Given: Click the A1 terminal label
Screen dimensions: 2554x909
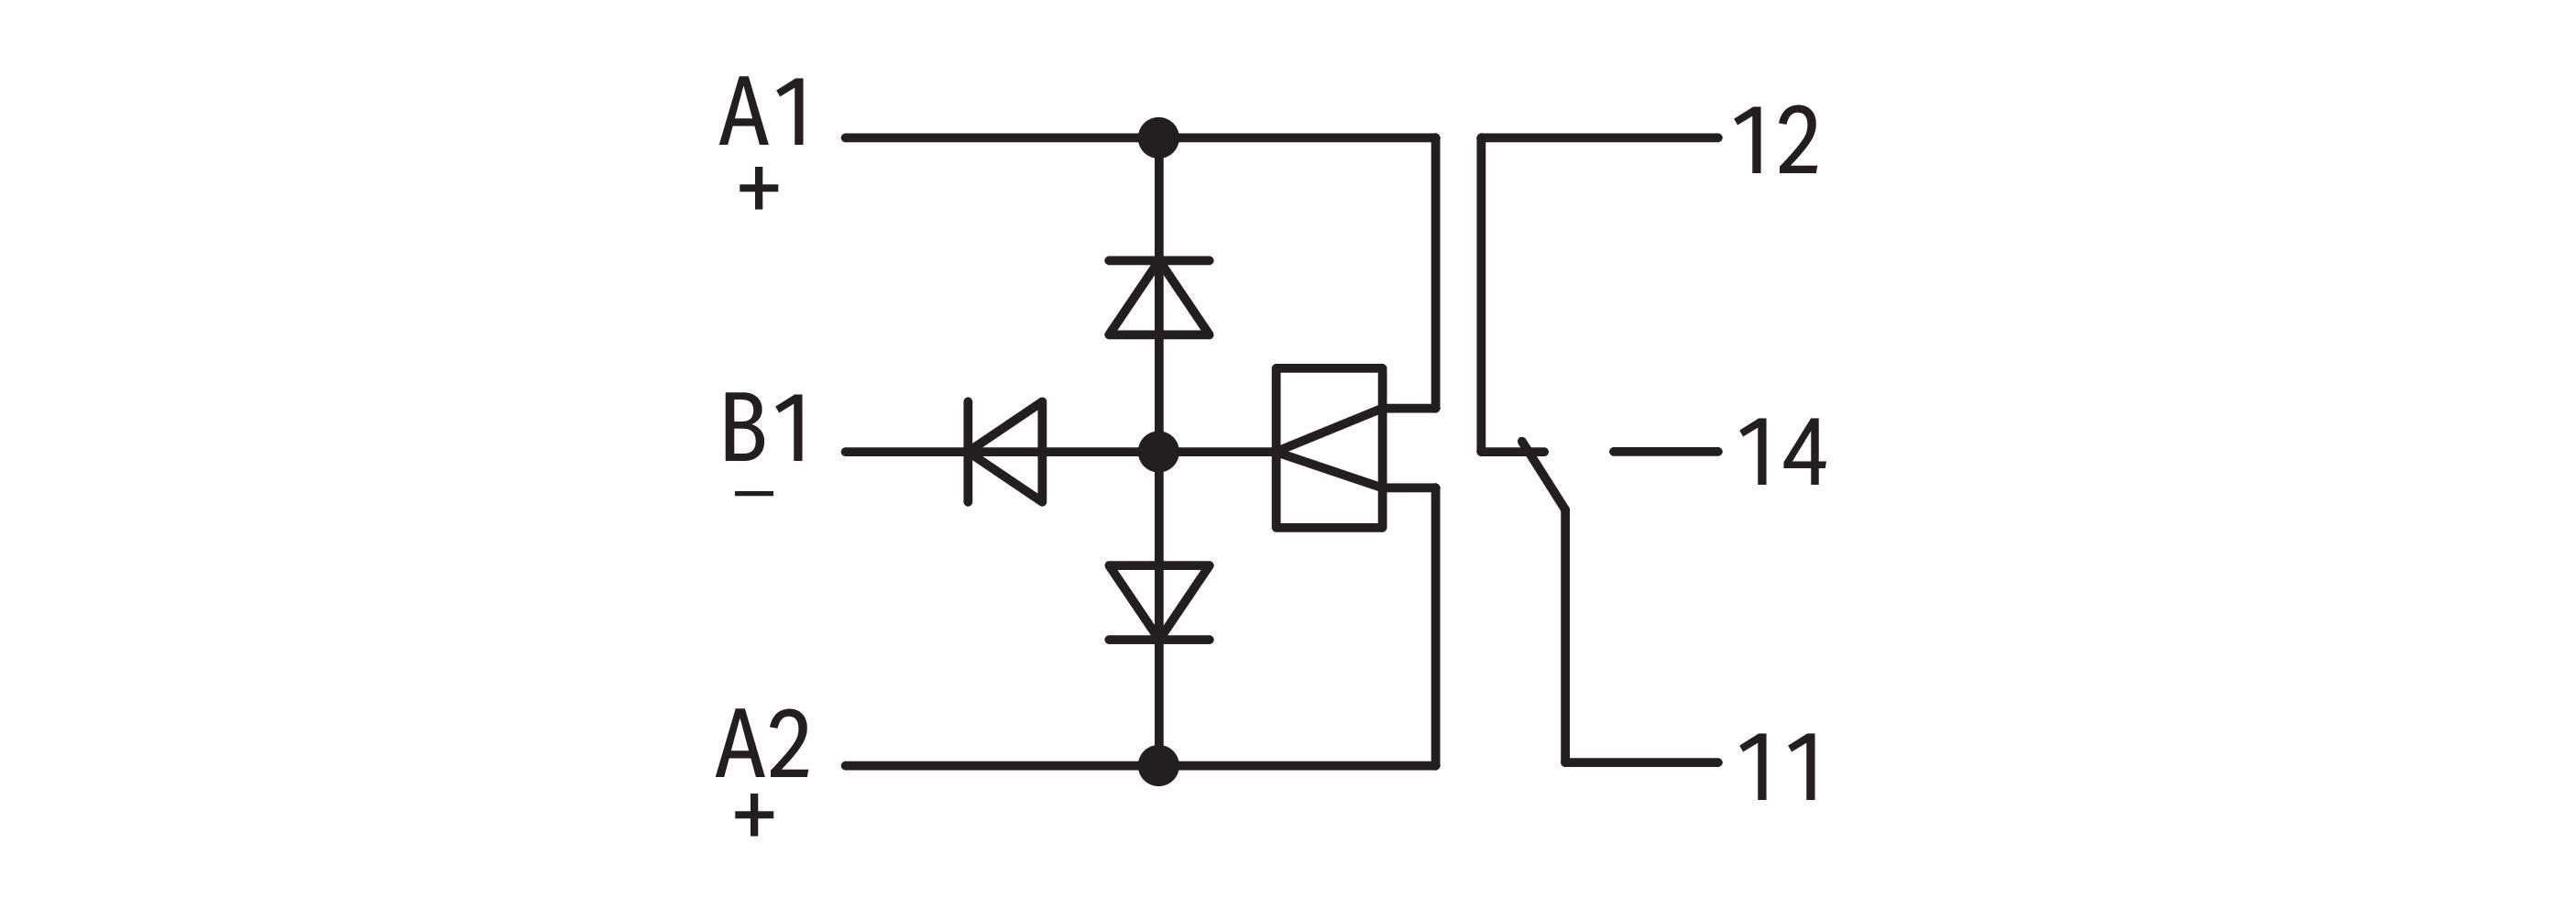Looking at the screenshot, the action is tap(764, 115).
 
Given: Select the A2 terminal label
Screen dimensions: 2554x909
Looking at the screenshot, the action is tap(762, 743).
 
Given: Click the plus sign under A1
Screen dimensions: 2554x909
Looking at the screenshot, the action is tap(759, 190).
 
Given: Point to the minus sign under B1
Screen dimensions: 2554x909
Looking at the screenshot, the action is tap(754, 494).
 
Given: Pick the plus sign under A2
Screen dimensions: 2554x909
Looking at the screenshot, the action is tap(754, 816).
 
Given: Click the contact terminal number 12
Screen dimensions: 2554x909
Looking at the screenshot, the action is tap(1775, 141).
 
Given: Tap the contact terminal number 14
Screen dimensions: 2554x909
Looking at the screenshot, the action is tap(1781, 453).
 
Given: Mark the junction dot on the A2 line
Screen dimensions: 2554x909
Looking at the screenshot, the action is tap(1158, 765).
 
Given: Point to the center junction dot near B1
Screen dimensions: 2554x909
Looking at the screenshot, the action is tap(1158, 452).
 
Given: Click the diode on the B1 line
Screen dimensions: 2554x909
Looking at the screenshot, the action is tap(1005, 452).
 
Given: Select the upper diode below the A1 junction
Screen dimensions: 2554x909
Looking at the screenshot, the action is tap(1158, 299).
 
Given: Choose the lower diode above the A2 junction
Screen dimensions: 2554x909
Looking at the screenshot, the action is tap(1158, 603).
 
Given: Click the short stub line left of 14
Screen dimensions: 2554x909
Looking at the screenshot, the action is tap(1666, 452).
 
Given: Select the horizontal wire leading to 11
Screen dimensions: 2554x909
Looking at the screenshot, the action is tap(1642, 762).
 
